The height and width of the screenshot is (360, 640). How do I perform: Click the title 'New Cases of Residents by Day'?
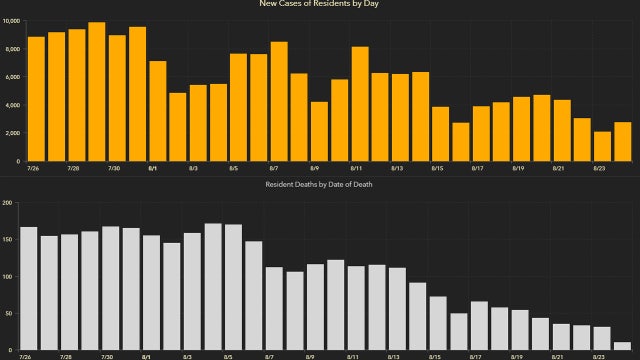pos(320,4)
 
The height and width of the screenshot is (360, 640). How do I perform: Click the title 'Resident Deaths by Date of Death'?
pos(320,186)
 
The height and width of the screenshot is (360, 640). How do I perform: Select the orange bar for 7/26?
pos(36,99)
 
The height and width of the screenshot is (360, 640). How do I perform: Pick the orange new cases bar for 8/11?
pos(360,104)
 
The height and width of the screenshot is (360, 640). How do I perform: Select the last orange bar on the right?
pos(622,141)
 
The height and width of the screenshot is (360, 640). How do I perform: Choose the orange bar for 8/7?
pos(279,101)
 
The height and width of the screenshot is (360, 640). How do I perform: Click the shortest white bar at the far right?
pos(622,346)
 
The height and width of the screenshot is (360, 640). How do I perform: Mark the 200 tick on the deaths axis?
pos(8,203)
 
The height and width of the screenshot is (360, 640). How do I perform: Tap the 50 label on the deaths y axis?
pos(8,314)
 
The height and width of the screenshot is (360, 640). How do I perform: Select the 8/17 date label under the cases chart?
pos(479,170)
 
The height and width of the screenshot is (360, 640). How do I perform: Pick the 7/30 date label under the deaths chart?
pos(108,356)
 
